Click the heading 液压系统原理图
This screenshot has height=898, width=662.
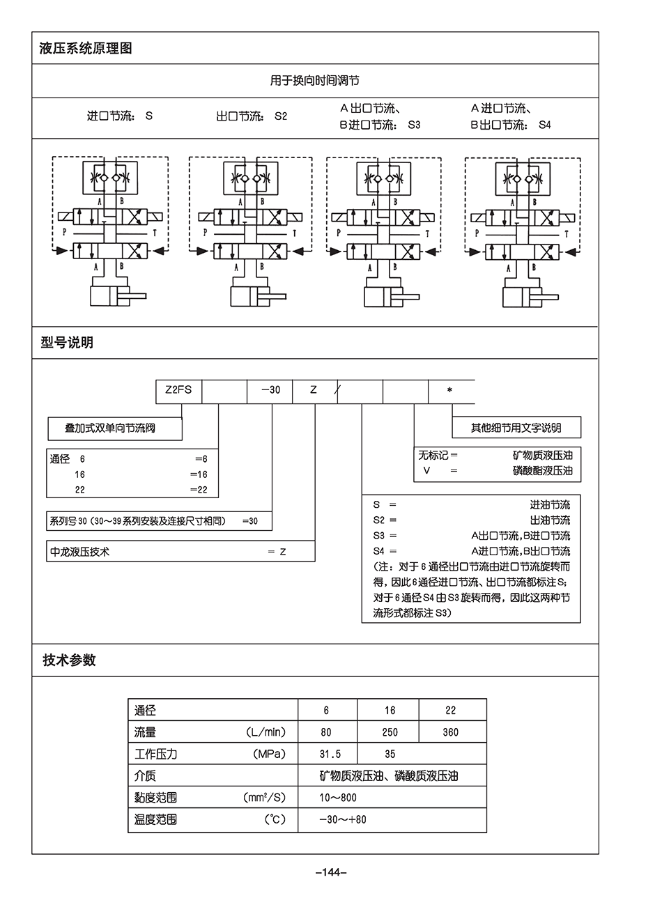(86, 49)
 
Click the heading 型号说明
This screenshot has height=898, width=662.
(67, 343)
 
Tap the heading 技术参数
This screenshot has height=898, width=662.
(69, 660)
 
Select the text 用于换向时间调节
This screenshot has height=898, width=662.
(314, 81)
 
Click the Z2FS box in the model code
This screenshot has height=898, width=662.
(178, 390)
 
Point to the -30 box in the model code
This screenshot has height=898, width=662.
(270, 390)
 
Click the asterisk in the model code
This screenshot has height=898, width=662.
(449, 390)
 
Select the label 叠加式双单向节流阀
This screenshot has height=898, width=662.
(110, 428)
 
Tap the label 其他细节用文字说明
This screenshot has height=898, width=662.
(516, 428)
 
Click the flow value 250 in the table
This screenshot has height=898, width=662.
(390, 732)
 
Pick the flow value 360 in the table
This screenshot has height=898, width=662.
(450, 732)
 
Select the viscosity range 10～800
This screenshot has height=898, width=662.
(338, 798)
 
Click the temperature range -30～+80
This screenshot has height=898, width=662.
(342, 819)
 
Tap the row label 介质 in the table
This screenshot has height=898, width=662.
(145, 775)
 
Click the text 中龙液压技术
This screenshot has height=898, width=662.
(80, 552)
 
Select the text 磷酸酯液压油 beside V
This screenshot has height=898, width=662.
(542, 471)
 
